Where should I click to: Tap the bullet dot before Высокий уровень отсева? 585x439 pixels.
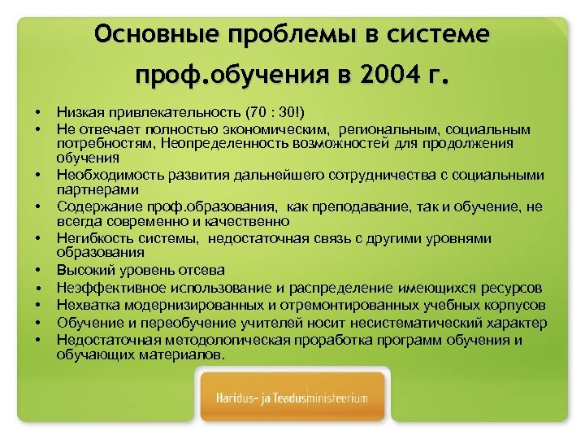(37, 270)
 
